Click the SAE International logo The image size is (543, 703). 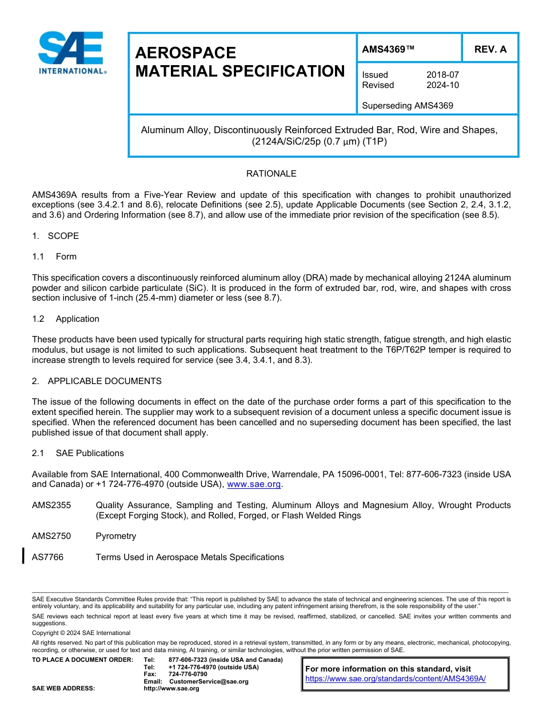(70, 53)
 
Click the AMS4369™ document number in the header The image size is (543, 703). (388, 50)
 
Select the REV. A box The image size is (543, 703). (490, 50)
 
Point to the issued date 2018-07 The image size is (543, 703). (442, 75)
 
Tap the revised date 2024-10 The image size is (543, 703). (442, 85)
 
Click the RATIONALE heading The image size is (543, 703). (271, 174)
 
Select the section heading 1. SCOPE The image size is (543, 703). (55, 236)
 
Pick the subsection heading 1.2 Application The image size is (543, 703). (66, 319)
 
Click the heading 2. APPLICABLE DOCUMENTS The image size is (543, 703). (97, 381)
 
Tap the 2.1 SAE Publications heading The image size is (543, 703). (78, 453)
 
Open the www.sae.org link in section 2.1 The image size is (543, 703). (254, 485)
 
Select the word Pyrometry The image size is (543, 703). (116, 536)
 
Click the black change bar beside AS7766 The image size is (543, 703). (23, 556)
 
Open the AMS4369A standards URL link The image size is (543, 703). (396, 678)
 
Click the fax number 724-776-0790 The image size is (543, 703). (188, 674)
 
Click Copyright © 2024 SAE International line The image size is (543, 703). (81, 633)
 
